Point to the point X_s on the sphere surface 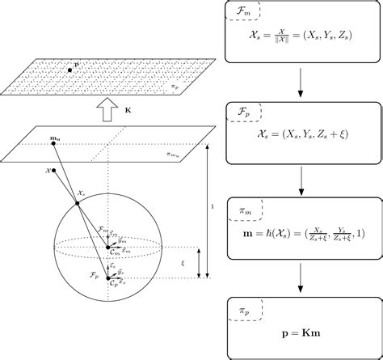(79, 203)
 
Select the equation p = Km (300, 332)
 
